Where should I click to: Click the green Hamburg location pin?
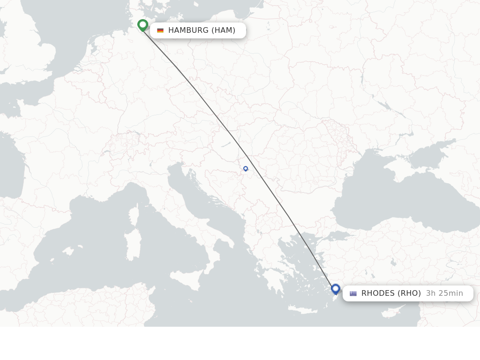tap(143, 25)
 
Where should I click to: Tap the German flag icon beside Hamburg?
tap(160, 30)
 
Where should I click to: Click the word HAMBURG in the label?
tap(188, 30)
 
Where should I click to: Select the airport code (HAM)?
tap(223, 30)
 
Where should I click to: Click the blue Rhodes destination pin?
tap(336, 289)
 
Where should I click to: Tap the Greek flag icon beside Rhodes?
tap(353, 293)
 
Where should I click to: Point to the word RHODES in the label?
tap(378, 293)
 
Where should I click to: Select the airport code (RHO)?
tap(409, 293)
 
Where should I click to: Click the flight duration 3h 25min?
tap(444, 293)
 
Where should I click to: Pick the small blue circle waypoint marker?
tap(246, 169)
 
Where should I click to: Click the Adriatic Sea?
tap(202, 206)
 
